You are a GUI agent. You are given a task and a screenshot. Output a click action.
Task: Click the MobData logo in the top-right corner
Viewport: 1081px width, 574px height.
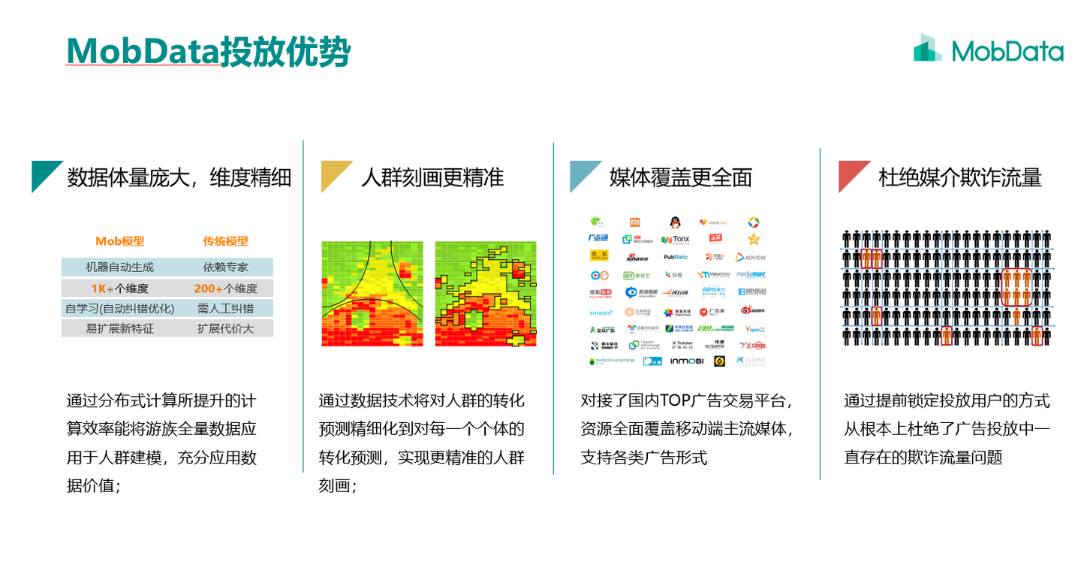(x=988, y=50)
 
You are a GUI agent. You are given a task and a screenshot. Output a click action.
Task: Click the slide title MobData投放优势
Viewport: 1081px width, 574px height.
(x=208, y=51)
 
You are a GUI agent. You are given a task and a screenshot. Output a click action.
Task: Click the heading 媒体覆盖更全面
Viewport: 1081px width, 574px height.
(x=680, y=177)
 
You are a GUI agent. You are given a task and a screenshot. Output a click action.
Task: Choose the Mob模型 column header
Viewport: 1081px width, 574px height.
(x=119, y=241)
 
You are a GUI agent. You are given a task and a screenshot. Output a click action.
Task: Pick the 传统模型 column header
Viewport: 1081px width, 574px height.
(x=225, y=241)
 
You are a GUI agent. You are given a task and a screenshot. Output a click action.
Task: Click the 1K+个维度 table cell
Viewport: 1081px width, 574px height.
(x=119, y=289)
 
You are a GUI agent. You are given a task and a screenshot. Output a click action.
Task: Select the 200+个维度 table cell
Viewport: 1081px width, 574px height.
(x=225, y=289)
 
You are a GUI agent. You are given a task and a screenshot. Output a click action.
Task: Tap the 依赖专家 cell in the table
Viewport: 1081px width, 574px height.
(x=225, y=267)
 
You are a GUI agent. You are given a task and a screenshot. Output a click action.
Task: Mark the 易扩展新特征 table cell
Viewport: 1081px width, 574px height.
(x=119, y=328)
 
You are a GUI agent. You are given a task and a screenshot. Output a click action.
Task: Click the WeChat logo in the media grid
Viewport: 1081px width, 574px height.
(x=595, y=222)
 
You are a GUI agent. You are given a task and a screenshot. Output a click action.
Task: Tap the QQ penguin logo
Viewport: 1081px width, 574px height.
(x=675, y=222)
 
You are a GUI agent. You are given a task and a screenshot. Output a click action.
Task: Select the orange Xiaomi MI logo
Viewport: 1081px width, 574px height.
(x=635, y=222)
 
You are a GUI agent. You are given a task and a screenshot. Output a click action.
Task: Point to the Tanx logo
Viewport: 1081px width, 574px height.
(x=675, y=240)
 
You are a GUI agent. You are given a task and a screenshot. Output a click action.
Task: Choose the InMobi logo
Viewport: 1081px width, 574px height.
(x=686, y=361)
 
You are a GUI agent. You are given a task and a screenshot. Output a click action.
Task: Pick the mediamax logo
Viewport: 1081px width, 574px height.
(x=751, y=274)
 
